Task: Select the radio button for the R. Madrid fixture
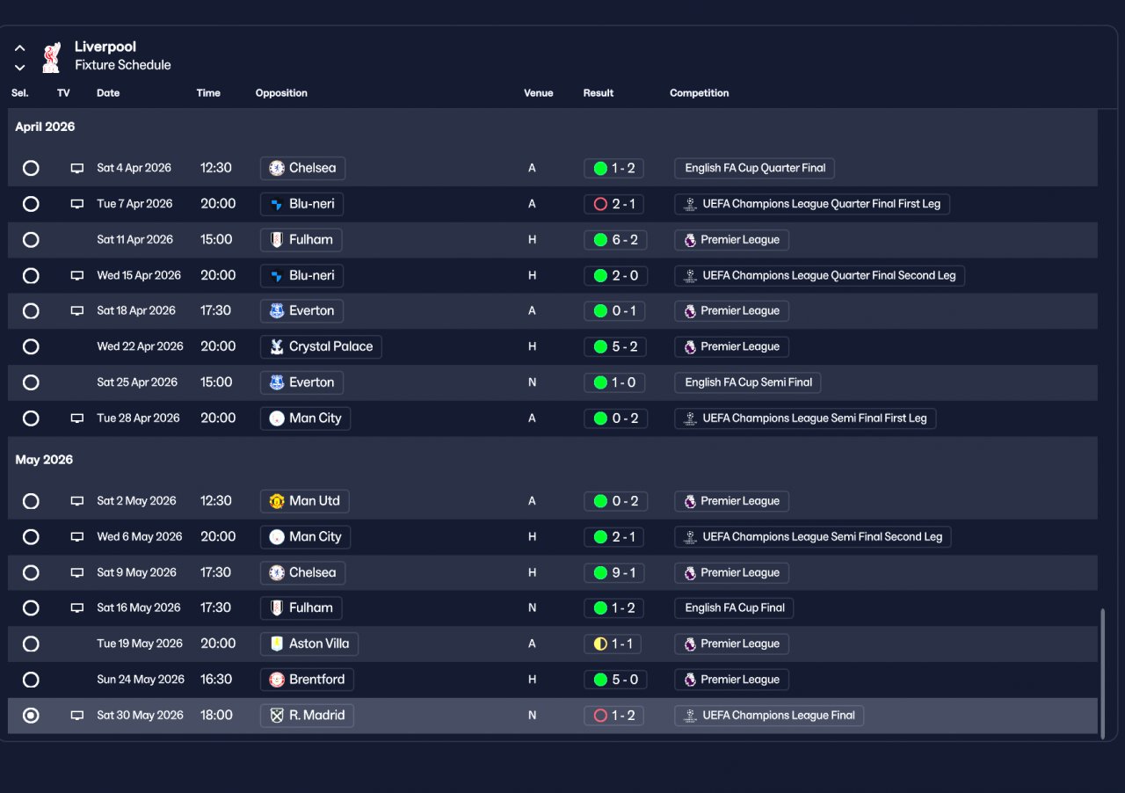[x=31, y=716]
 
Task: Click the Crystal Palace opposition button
[x=321, y=346]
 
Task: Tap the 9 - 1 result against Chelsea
[x=614, y=572]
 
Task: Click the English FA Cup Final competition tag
[x=734, y=607]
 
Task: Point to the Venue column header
[x=538, y=93]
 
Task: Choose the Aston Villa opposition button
[x=309, y=644]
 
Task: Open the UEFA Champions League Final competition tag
[x=769, y=716]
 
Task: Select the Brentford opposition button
[x=307, y=680]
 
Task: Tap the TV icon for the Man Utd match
[x=77, y=501]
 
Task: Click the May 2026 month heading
[x=44, y=460]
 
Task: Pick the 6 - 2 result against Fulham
[x=614, y=240]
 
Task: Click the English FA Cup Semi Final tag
[x=748, y=382]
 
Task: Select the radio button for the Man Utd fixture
[x=31, y=501]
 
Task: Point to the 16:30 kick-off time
[x=216, y=680]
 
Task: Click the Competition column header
[x=699, y=93]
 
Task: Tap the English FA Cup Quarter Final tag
[x=754, y=168]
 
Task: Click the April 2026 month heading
[x=45, y=127]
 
